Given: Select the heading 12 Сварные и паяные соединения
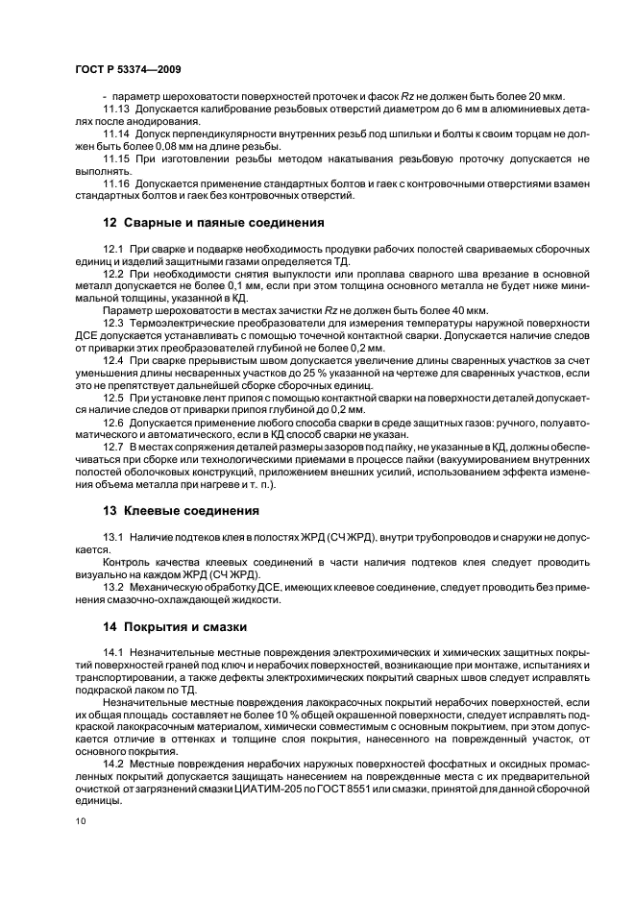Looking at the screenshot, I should [213, 223].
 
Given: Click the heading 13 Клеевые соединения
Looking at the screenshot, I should [181, 510].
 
